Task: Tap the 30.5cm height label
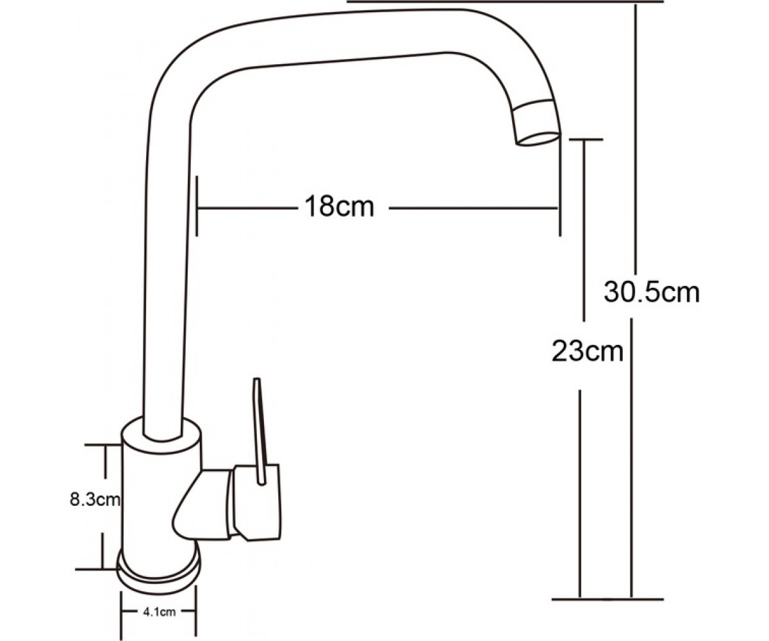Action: (652, 293)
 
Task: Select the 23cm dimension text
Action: (588, 351)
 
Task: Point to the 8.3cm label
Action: (95, 500)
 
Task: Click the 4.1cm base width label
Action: (159, 612)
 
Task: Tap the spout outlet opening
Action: (538, 141)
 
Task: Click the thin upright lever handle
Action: (260, 431)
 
